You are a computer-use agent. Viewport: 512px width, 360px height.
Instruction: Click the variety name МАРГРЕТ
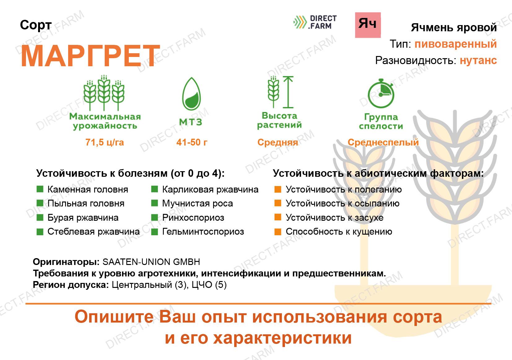90,56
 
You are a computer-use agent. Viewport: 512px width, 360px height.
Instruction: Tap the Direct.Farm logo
315,22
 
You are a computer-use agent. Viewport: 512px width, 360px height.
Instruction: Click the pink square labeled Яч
368,25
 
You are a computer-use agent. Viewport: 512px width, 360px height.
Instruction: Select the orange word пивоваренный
456,44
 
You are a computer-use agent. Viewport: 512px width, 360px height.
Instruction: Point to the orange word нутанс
478,61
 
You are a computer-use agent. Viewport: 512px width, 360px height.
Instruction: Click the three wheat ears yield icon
104,93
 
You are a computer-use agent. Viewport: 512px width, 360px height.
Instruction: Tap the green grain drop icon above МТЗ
191,94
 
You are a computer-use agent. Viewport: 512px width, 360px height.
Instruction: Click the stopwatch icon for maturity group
381,93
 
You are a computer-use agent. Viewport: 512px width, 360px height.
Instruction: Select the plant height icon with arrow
280,92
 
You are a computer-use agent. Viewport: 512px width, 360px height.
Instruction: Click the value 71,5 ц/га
105,142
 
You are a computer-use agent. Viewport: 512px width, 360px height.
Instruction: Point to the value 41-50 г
192,142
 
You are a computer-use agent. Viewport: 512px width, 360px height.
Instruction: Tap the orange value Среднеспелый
383,142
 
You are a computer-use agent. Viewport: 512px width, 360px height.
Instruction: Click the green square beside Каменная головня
40,189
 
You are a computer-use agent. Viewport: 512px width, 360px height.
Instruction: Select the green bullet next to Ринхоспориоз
155,218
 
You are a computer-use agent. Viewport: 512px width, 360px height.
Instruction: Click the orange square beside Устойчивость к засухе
278,217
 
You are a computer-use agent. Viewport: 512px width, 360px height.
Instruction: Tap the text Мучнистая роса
198,204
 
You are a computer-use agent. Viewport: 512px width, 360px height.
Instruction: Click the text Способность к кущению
339,232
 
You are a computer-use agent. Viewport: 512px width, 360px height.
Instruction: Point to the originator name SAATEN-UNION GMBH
151,262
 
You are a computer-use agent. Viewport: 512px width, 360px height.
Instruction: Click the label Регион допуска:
71,285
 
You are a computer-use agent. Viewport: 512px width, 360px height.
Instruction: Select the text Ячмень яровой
454,28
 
